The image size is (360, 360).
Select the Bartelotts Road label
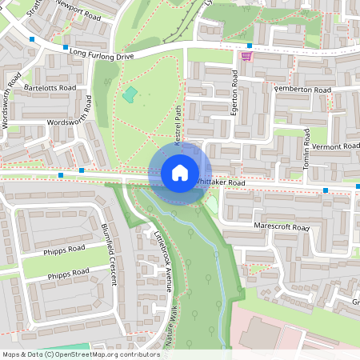click(50, 86)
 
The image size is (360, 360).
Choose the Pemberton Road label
click(302, 90)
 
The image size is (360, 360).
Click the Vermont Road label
click(335, 147)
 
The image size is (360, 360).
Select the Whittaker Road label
click(221, 182)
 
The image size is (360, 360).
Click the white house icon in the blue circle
click(179, 172)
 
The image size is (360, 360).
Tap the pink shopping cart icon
click(246, 55)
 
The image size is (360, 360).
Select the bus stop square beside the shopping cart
click(250, 45)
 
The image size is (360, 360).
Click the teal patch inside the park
click(130, 94)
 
